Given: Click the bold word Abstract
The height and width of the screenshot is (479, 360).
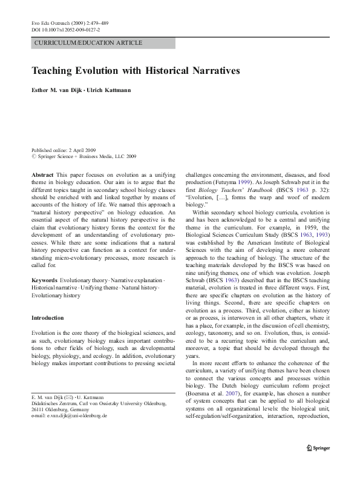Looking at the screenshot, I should (x=42, y=174).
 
